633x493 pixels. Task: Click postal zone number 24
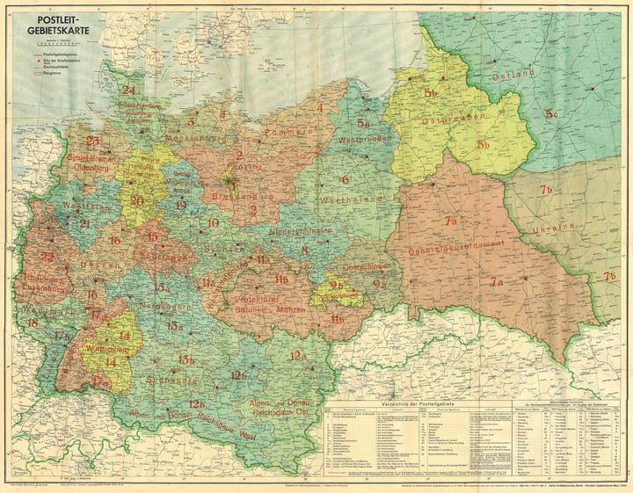(128, 90)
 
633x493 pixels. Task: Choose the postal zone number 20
(136, 199)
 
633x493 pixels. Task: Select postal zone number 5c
(552, 113)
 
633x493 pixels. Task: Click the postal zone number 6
(346, 179)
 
